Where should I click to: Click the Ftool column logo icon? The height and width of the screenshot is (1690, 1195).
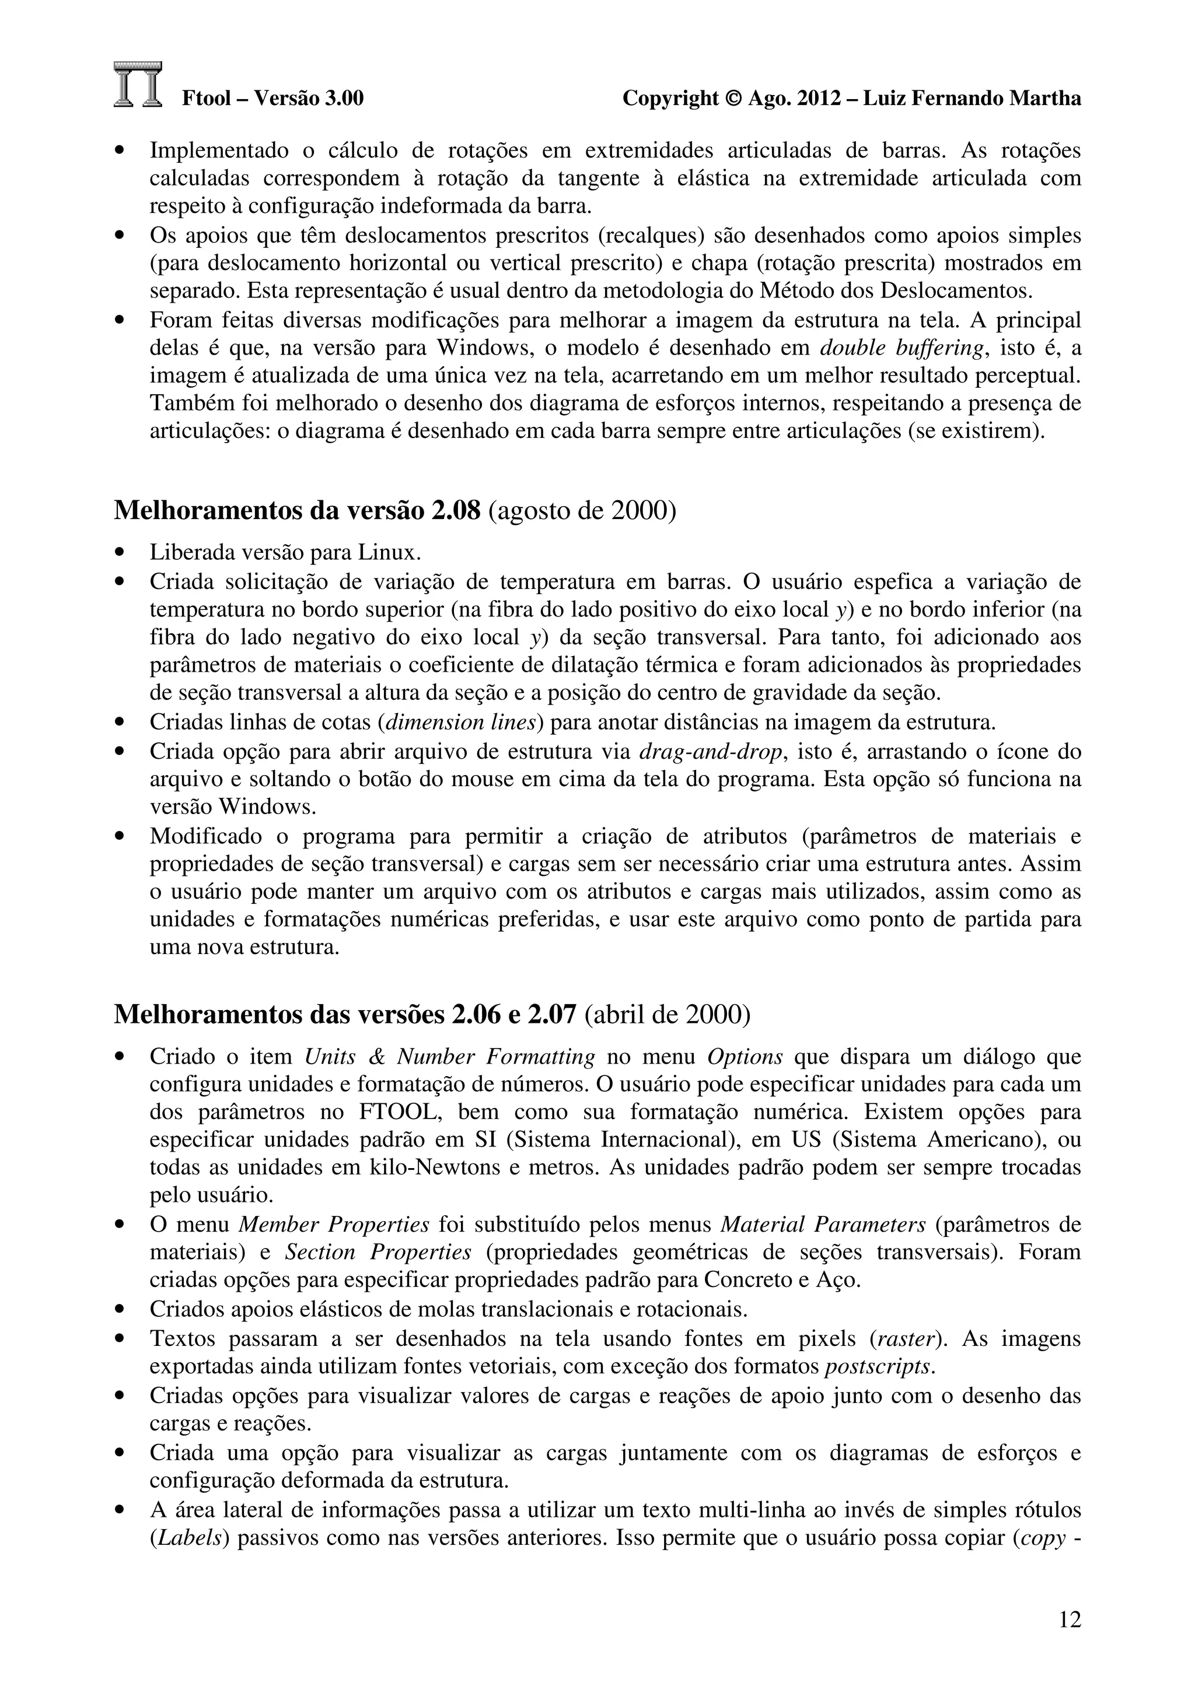[x=138, y=85]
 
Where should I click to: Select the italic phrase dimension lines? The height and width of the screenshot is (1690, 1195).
[x=460, y=723]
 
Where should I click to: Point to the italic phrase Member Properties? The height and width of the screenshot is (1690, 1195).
[x=334, y=1225]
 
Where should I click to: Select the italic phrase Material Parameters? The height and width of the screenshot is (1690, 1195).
[x=822, y=1225]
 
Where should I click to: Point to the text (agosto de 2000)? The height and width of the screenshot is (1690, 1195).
[x=582, y=510]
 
